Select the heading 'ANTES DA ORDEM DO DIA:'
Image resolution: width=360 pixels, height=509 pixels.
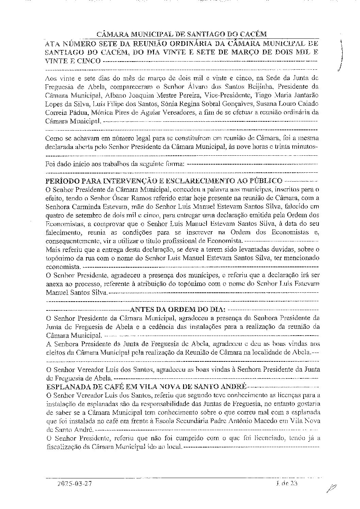(178, 310)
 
